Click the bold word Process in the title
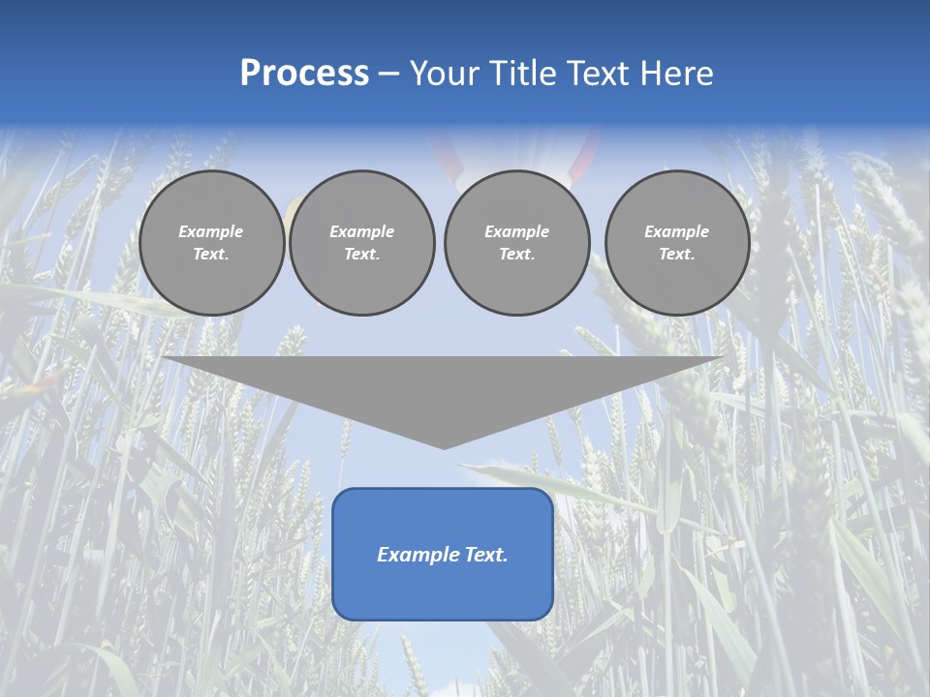[x=304, y=74]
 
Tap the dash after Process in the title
[x=389, y=75]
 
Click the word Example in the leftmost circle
[x=210, y=231]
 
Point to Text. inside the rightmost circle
[x=676, y=254]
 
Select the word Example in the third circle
[x=516, y=231]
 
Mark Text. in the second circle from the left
[x=361, y=254]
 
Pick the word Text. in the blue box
[x=484, y=555]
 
